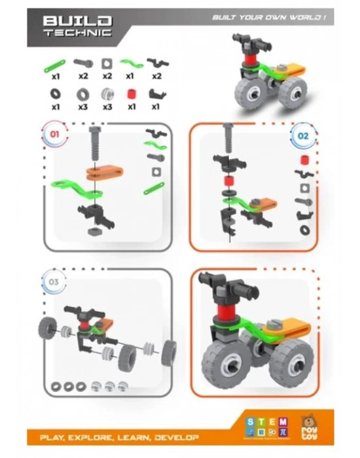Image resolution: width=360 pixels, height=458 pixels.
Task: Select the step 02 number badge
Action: pyautogui.click(x=302, y=136)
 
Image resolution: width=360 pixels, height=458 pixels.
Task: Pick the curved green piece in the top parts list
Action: pyautogui.click(x=132, y=63)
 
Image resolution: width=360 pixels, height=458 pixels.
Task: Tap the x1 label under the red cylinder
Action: pyautogui.click(x=132, y=106)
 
